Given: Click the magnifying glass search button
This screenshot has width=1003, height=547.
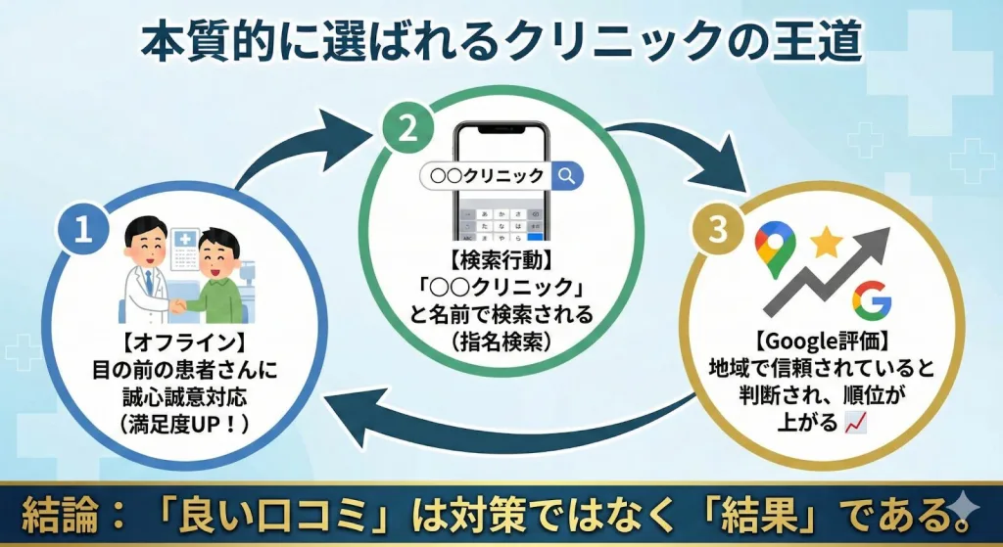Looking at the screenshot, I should [567, 176].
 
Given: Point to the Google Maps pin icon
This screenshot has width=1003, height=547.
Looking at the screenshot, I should [774, 248].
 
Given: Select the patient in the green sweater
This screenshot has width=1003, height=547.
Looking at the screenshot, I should [217, 279].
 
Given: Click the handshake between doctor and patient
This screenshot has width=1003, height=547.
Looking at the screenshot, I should [182, 305].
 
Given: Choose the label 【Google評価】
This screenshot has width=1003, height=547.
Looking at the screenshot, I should [821, 343].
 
